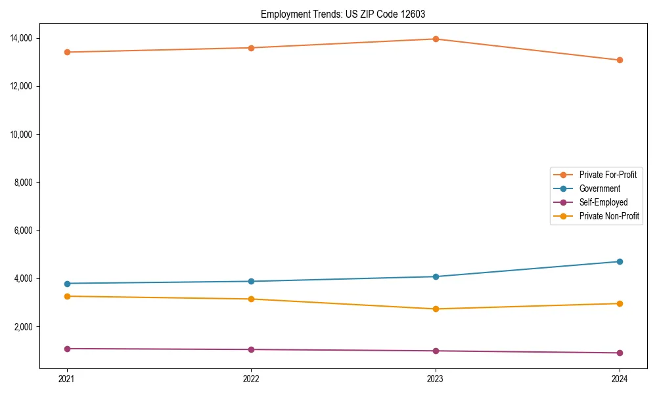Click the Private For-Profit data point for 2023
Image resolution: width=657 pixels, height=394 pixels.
pyautogui.click(x=436, y=39)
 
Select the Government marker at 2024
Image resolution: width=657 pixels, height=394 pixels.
pyautogui.click(x=620, y=261)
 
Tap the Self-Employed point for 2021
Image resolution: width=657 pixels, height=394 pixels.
pyautogui.click(x=67, y=349)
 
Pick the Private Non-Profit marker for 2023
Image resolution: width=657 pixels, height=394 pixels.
pyautogui.click(x=436, y=309)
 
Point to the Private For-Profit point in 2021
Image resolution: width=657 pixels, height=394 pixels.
pyautogui.click(x=67, y=52)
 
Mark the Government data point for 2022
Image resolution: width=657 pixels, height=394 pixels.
pyautogui.click(x=251, y=281)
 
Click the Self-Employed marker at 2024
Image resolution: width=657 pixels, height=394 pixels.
pyautogui.click(x=620, y=353)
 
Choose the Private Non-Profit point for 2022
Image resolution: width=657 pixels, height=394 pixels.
pyautogui.click(x=251, y=299)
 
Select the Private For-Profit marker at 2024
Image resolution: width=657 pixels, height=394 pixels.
pyautogui.click(x=620, y=60)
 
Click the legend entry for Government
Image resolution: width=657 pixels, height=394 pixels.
pyautogui.click(x=599, y=188)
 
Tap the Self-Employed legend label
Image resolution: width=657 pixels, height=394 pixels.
pyautogui.click(x=603, y=202)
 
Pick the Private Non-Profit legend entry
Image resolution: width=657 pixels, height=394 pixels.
pyautogui.click(x=609, y=216)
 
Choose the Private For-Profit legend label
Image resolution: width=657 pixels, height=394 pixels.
pyautogui.click(x=608, y=175)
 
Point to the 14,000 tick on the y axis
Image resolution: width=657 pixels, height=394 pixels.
pyautogui.click(x=22, y=38)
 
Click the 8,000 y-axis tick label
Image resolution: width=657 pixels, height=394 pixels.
pyautogui.click(x=24, y=183)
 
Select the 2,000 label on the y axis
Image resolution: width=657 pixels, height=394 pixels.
pyautogui.click(x=24, y=327)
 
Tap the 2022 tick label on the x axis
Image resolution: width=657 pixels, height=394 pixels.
pyautogui.click(x=251, y=379)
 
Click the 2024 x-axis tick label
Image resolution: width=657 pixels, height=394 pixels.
pyautogui.click(x=620, y=379)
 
